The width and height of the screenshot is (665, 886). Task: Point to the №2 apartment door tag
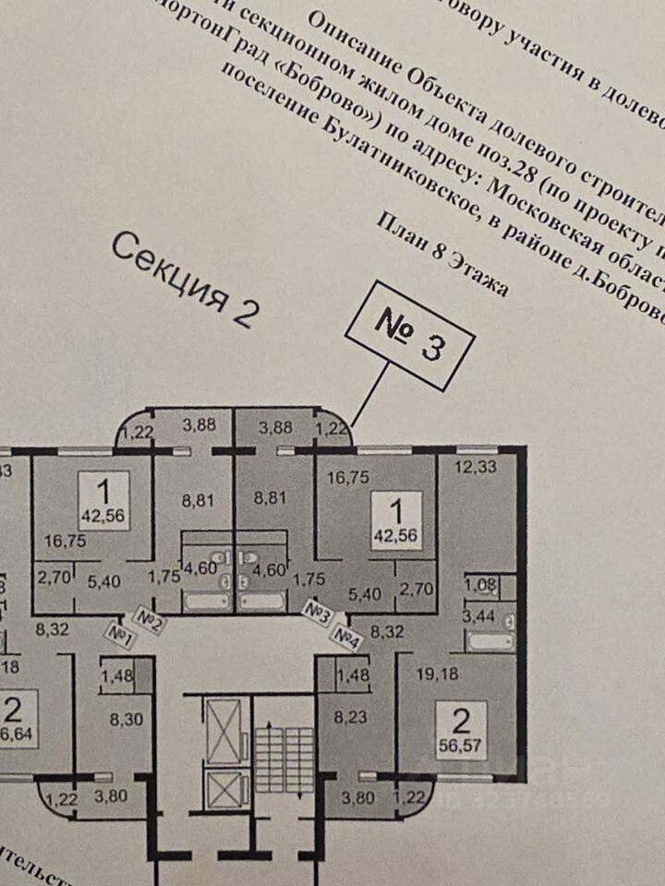pos(150,618)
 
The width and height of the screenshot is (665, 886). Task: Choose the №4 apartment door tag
pos(346,636)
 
